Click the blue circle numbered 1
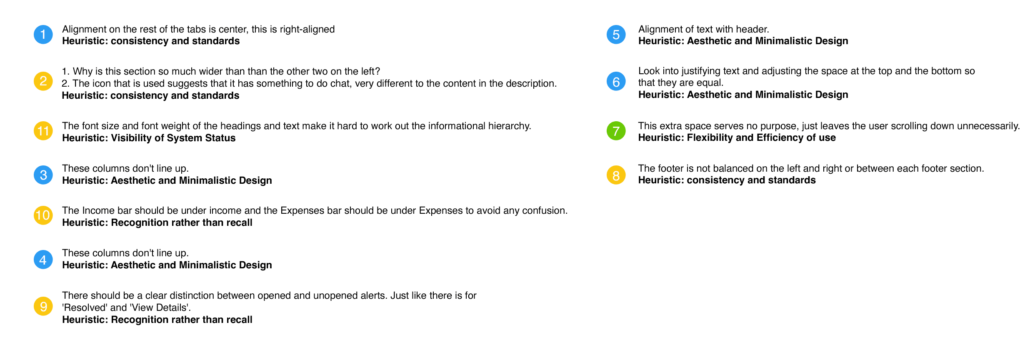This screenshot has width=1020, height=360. click(43, 35)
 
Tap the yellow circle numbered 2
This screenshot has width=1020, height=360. click(43, 81)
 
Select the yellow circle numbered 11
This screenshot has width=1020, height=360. click(43, 131)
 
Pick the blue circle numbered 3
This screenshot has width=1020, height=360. click(43, 175)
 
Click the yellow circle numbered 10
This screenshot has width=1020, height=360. click(43, 215)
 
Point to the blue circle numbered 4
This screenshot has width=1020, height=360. click(43, 260)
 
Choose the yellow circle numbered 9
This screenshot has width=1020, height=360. click(43, 306)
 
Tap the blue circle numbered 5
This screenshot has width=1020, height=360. click(616, 35)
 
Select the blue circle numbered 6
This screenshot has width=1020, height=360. click(616, 81)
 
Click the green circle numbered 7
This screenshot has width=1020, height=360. click(616, 131)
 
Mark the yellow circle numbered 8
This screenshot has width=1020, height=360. click(616, 175)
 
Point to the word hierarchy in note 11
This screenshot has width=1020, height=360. click(512, 126)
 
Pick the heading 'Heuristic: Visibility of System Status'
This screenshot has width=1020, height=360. click(149, 138)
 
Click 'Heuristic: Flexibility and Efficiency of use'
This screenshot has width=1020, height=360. click(737, 138)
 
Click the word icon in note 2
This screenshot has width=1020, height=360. click(100, 84)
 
